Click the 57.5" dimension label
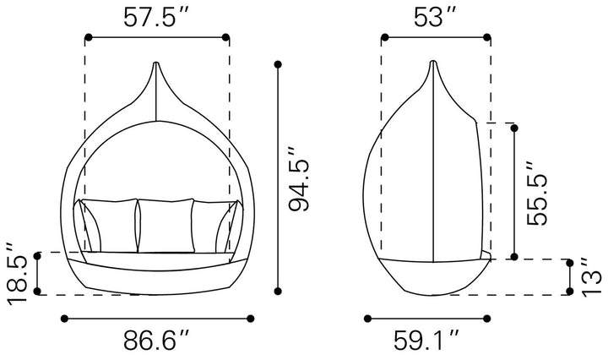click(x=156, y=18)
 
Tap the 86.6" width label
click(x=156, y=340)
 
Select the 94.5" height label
click(x=299, y=179)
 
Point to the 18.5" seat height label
click(x=17, y=275)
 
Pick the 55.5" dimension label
click(x=537, y=194)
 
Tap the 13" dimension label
click(x=592, y=278)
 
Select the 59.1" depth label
click(x=426, y=340)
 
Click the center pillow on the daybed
click(x=166, y=226)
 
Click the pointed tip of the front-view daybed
click(x=156, y=63)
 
